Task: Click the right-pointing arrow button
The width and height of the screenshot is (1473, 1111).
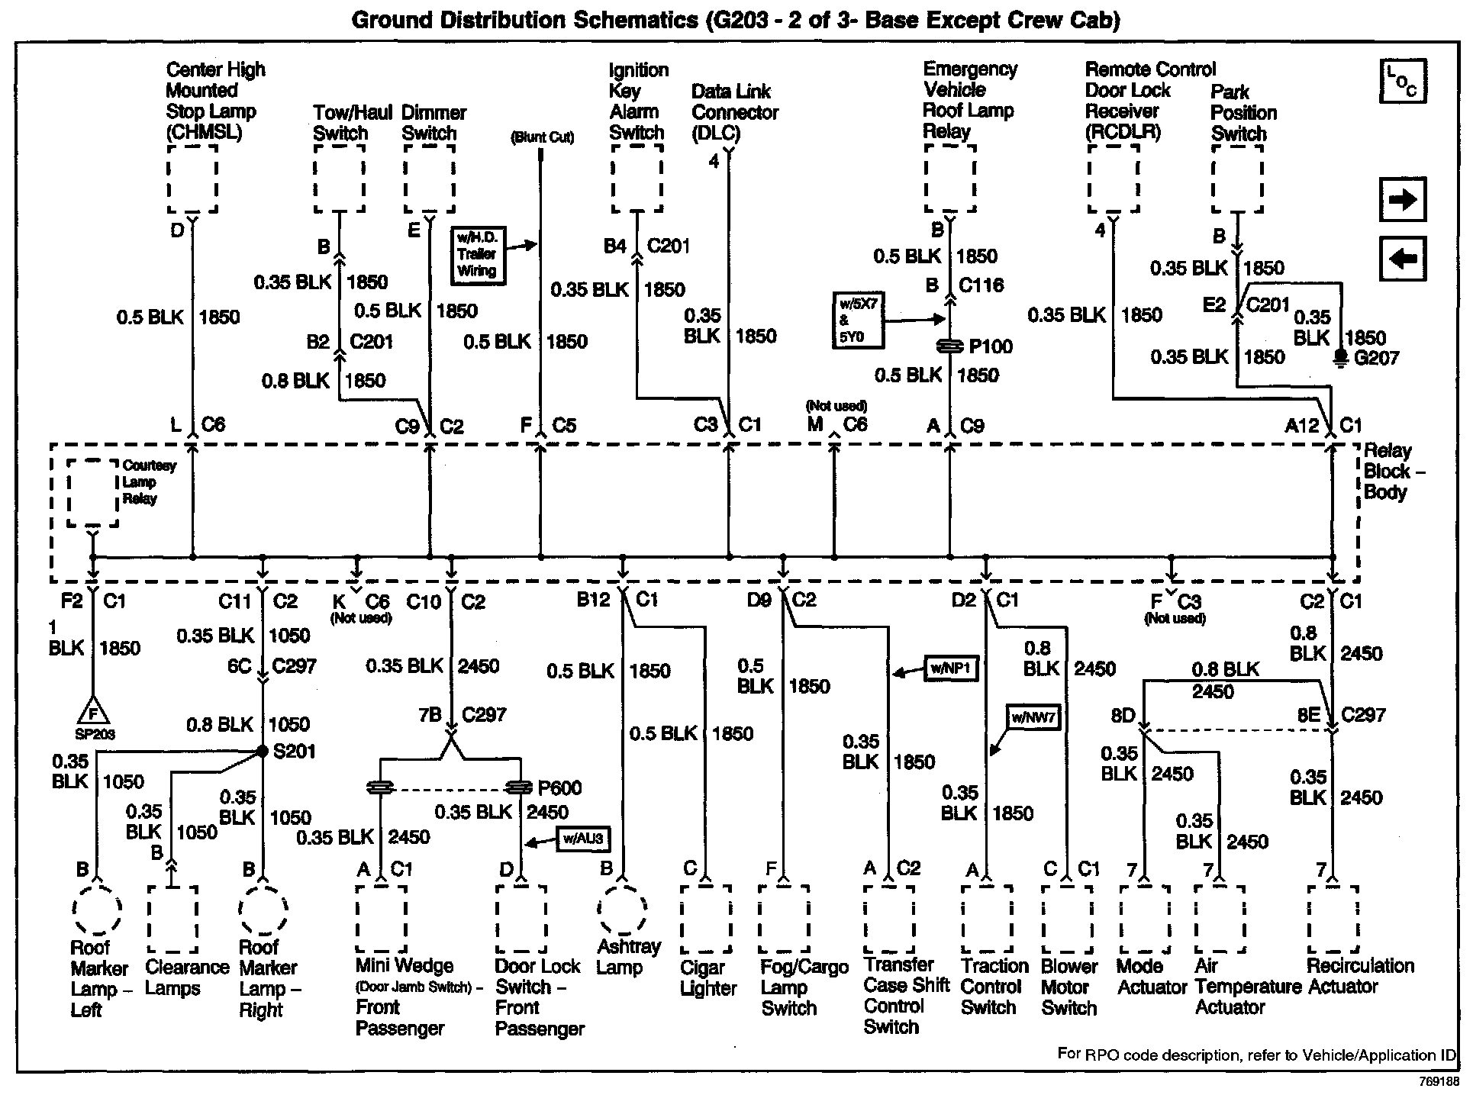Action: point(1403,200)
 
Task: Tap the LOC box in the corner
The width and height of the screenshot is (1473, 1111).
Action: point(1403,81)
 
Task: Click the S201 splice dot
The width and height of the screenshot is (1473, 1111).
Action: point(262,752)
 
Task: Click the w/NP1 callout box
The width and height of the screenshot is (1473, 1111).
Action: point(950,668)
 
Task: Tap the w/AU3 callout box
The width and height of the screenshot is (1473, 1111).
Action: point(583,839)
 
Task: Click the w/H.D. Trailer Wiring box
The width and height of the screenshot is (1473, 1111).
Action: point(477,255)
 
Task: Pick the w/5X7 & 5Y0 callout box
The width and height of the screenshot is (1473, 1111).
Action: point(857,320)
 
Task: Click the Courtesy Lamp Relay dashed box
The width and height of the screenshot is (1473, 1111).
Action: point(92,493)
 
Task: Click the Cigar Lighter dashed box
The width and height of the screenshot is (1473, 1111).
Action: point(705,919)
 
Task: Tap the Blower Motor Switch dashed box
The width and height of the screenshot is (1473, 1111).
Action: point(1067,919)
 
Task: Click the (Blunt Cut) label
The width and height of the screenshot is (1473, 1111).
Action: point(542,137)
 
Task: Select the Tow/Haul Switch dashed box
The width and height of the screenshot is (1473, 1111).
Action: point(339,180)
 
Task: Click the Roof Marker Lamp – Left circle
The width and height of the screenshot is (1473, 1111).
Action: point(97,910)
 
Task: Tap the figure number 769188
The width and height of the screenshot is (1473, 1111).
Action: point(1439,1082)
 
